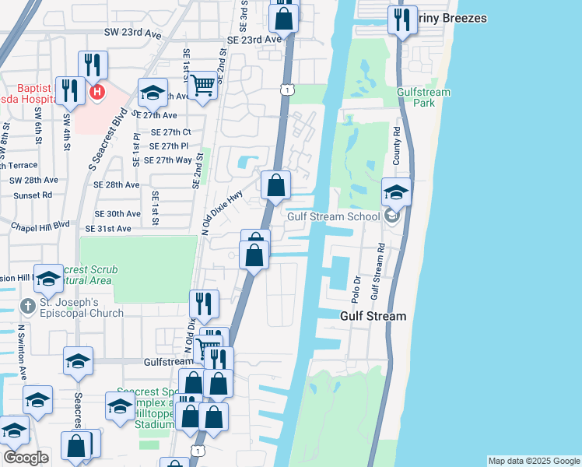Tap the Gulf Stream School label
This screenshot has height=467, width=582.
click(x=332, y=216)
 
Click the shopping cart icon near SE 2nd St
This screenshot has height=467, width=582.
click(x=202, y=85)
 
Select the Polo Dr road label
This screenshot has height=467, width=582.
click(x=357, y=289)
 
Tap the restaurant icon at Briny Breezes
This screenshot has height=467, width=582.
click(x=401, y=19)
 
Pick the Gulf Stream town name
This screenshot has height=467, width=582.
click(x=373, y=316)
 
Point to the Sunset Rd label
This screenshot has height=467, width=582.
click(x=31, y=195)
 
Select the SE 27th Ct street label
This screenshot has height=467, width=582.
click(x=165, y=132)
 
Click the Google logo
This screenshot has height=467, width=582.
click(x=26, y=458)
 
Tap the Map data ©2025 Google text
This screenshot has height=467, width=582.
click(x=533, y=461)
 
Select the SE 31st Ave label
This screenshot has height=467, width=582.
click(x=117, y=228)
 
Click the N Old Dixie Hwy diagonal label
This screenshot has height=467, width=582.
click(x=223, y=212)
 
